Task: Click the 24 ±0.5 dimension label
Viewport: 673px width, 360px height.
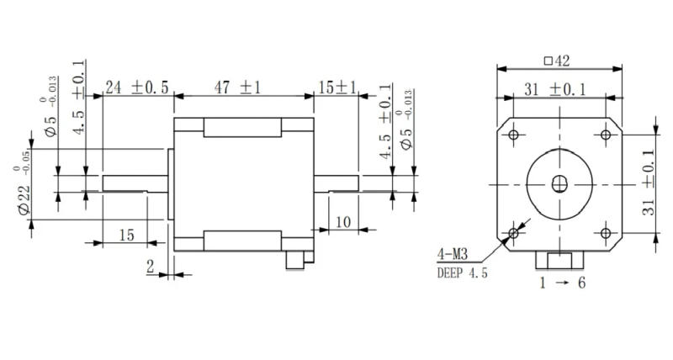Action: [x=136, y=87]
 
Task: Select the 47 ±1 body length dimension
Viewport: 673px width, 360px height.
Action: [x=237, y=87]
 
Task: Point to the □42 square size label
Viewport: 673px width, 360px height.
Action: [x=558, y=61]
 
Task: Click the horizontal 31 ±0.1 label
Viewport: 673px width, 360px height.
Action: [x=555, y=88]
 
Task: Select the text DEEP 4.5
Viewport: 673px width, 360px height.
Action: [x=462, y=272]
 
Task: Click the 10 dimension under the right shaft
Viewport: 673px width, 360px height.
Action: [x=342, y=222]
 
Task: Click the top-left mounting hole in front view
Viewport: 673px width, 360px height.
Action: [x=512, y=135]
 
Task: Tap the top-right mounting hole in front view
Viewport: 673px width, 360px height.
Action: [x=605, y=135]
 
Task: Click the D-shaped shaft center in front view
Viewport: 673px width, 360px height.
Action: [x=559, y=183]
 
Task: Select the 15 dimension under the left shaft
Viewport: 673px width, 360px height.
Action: [x=126, y=236]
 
